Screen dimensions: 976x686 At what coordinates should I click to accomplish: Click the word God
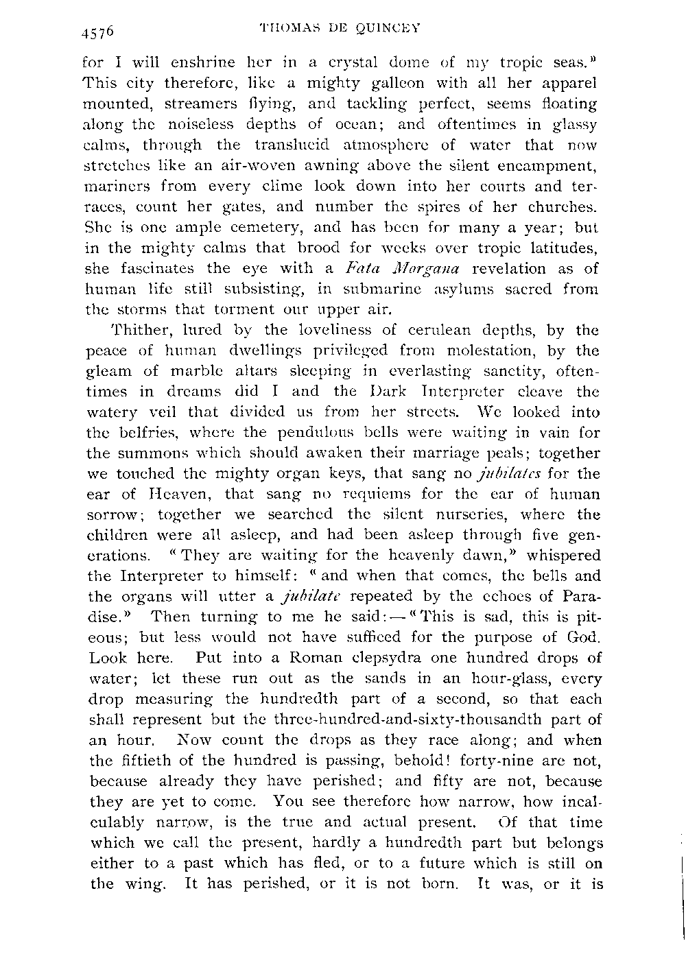583,637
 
